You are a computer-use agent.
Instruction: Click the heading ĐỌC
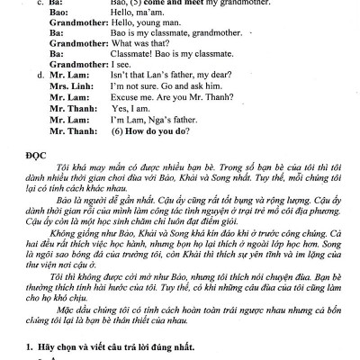click(x=40, y=150)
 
